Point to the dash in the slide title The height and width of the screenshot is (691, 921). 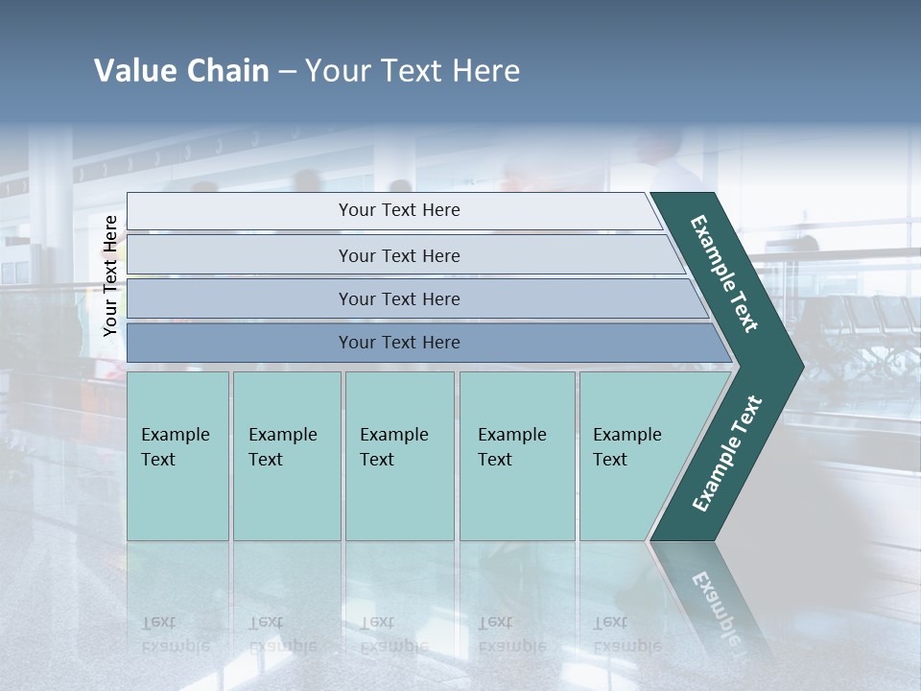(x=287, y=72)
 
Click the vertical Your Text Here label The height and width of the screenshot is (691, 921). (x=110, y=275)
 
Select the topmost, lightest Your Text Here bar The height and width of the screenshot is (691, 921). (x=398, y=210)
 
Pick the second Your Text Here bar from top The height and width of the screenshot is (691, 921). (x=398, y=255)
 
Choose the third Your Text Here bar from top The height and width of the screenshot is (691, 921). (x=398, y=298)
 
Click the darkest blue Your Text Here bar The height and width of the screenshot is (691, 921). (x=398, y=343)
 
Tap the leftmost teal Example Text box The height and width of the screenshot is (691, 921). (x=177, y=456)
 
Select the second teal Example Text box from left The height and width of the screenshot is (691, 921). (x=287, y=456)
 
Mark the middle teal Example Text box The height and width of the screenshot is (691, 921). (x=399, y=456)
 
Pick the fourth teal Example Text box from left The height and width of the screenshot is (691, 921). (x=517, y=456)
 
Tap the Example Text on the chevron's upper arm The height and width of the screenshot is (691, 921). (x=724, y=274)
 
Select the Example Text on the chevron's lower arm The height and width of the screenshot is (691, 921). (x=726, y=454)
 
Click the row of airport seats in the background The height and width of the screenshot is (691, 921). (x=863, y=326)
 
